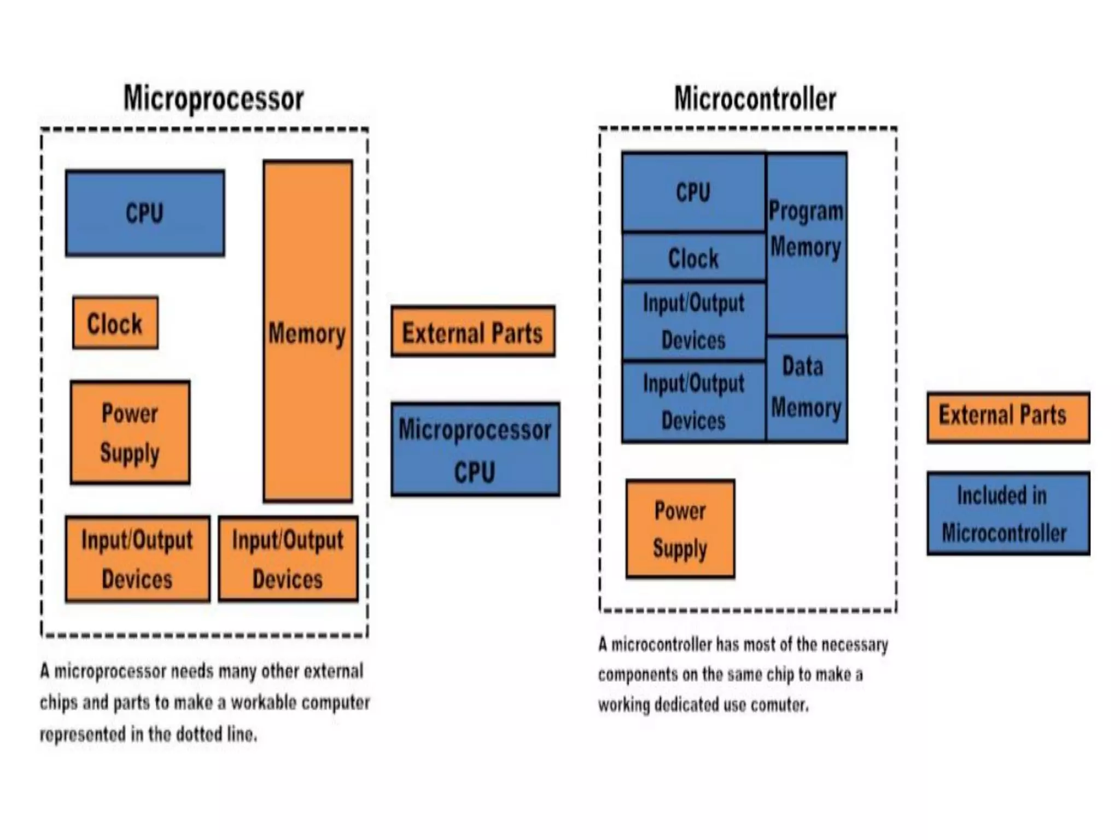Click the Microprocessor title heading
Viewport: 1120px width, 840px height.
coord(213,98)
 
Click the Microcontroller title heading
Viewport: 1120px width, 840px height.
coord(755,99)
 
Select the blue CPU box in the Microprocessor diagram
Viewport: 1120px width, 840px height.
coord(145,213)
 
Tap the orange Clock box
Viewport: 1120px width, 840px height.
coord(115,323)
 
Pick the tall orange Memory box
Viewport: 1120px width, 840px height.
coord(307,331)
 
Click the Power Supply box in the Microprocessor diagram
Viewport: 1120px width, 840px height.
coord(130,433)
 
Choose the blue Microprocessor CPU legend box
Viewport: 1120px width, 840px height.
coord(475,450)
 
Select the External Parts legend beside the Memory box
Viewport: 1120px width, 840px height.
coord(473,332)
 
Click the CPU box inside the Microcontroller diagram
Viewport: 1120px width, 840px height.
coord(693,192)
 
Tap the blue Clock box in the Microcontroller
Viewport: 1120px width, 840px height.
coord(693,258)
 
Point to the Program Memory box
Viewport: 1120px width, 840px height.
coord(807,243)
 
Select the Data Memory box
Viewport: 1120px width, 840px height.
coord(807,388)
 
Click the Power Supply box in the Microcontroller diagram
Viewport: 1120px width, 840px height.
coord(680,529)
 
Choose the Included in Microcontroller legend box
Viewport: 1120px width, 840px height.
coord(1008,514)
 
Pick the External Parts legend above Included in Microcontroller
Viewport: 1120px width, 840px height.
coord(1008,417)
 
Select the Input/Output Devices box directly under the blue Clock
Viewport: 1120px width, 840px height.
coord(693,321)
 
